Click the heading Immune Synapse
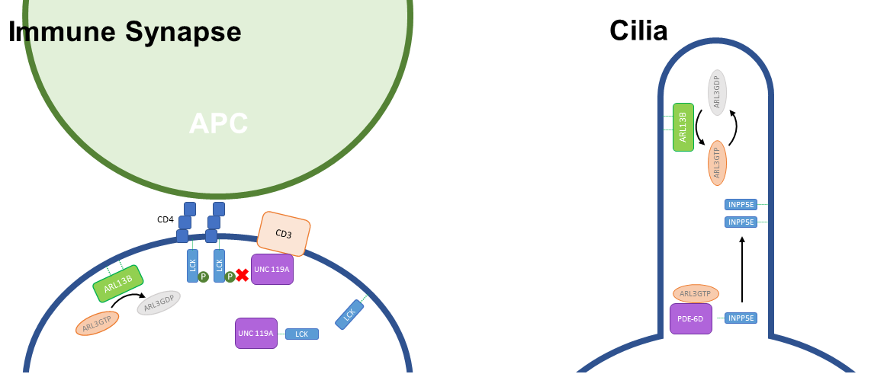125,32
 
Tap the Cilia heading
638,30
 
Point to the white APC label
218,123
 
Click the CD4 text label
166,220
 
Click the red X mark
243,276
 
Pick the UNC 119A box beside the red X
272,270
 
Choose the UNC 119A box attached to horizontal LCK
256,333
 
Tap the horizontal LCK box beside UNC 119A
302,334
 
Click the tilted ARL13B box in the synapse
118,283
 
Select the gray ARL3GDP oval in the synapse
159,303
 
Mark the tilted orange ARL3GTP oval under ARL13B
98,324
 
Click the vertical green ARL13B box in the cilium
683,127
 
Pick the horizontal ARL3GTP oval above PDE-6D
695,293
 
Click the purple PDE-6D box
691,318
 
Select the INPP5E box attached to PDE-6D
741,318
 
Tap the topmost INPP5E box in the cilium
741,204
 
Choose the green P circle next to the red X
230,277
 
